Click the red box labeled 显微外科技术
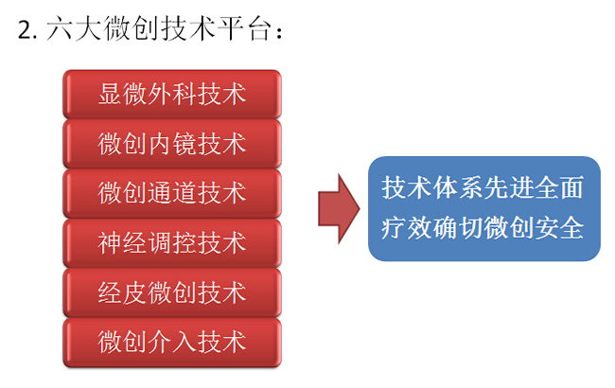click(172, 94)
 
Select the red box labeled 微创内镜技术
click(172, 144)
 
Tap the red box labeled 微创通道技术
click(172, 193)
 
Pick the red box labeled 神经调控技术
click(172, 243)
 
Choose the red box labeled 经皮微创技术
click(172, 292)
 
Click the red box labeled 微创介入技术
click(172, 342)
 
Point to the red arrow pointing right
click(339, 209)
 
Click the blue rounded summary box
click(484, 209)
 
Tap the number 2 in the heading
click(26, 29)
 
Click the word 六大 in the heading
click(74, 28)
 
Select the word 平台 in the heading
click(244, 28)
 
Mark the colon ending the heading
click(279, 32)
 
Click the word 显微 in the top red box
click(122, 94)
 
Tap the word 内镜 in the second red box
click(172, 144)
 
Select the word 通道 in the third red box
click(172, 193)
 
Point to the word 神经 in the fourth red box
click(122, 243)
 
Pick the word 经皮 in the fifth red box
click(122, 292)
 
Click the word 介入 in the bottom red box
click(172, 342)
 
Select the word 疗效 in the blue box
click(406, 228)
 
